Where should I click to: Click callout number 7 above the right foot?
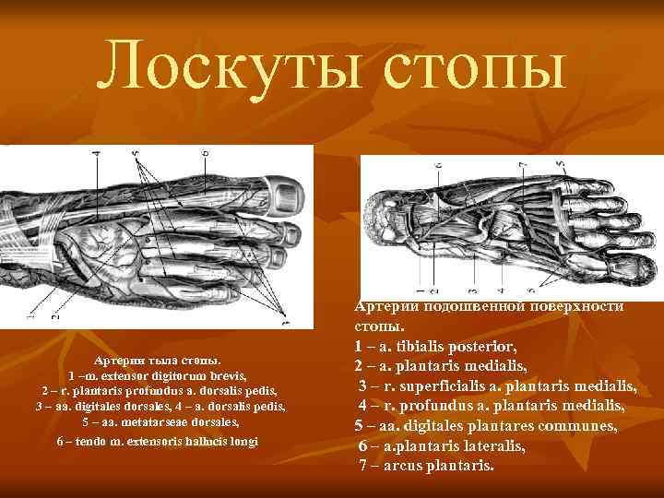pyautogui.click(x=523, y=166)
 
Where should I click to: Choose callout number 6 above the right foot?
pyautogui.click(x=438, y=166)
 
